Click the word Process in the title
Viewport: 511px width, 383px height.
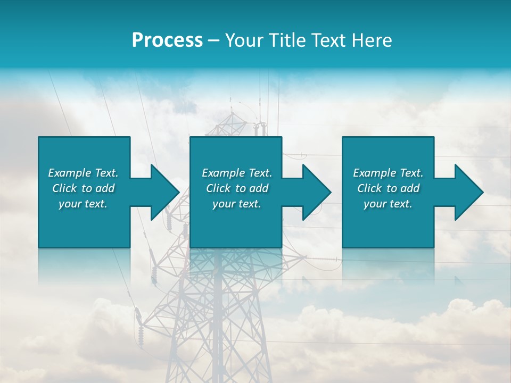pos(167,40)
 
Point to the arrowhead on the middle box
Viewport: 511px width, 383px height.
pos(316,192)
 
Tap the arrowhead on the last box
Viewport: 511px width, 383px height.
pos(468,192)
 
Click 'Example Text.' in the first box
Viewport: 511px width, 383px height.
pos(83,173)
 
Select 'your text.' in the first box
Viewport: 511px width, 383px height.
pos(83,204)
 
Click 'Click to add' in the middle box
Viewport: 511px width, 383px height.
pos(237,188)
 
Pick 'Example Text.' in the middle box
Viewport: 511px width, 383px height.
pos(237,173)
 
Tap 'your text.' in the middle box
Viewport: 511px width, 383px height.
pos(237,204)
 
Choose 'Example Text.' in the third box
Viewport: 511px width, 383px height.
pos(388,173)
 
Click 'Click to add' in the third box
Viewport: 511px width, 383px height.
pos(388,188)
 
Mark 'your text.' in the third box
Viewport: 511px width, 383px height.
pos(388,204)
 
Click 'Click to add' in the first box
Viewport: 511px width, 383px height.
pos(83,188)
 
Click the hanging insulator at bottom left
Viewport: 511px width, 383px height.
pos(141,332)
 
